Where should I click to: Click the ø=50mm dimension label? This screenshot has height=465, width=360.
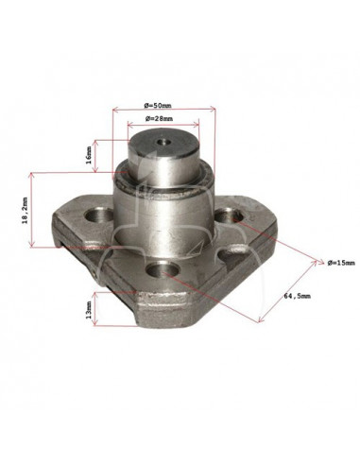click(158, 106)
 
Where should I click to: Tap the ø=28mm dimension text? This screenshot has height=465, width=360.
click(159, 119)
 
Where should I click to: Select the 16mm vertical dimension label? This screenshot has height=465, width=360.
click(89, 155)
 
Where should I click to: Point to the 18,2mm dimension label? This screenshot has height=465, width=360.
click(25, 211)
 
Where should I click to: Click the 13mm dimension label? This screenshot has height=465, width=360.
click(89, 309)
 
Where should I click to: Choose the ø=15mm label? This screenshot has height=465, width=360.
click(341, 263)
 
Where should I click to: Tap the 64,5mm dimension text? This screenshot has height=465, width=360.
click(297, 296)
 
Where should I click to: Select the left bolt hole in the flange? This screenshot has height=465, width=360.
click(98, 215)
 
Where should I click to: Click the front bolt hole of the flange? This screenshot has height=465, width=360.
click(163, 269)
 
